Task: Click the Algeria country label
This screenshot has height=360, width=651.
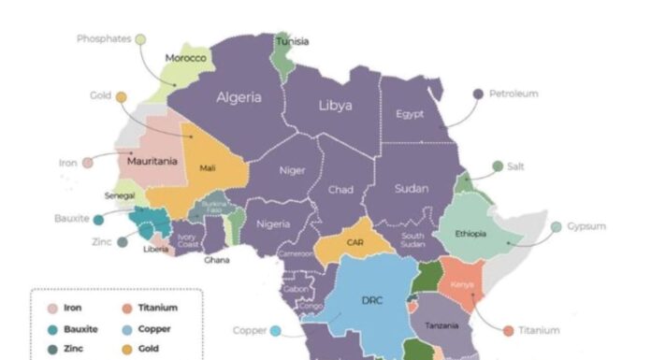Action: [x=239, y=97]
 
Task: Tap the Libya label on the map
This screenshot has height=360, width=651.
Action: [x=335, y=106]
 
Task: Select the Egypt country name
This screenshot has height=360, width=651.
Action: [x=410, y=114]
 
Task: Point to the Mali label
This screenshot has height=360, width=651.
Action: [x=208, y=168]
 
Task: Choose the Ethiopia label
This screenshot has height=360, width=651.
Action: [x=470, y=234]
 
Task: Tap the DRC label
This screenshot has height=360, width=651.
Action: [x=370, y=301]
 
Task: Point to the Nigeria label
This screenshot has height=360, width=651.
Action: [x=273, y=224]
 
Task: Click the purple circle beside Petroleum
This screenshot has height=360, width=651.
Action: [x=478, y=94]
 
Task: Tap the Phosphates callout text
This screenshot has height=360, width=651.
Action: [x=103, y=39]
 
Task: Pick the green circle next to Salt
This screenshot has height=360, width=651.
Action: [x=498, y=166]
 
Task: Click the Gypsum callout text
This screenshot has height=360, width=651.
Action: [x=586, y=226]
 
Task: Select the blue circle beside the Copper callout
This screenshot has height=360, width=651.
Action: [x=276, y=330]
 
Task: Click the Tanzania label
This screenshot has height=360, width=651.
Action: [x=441, y=325]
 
